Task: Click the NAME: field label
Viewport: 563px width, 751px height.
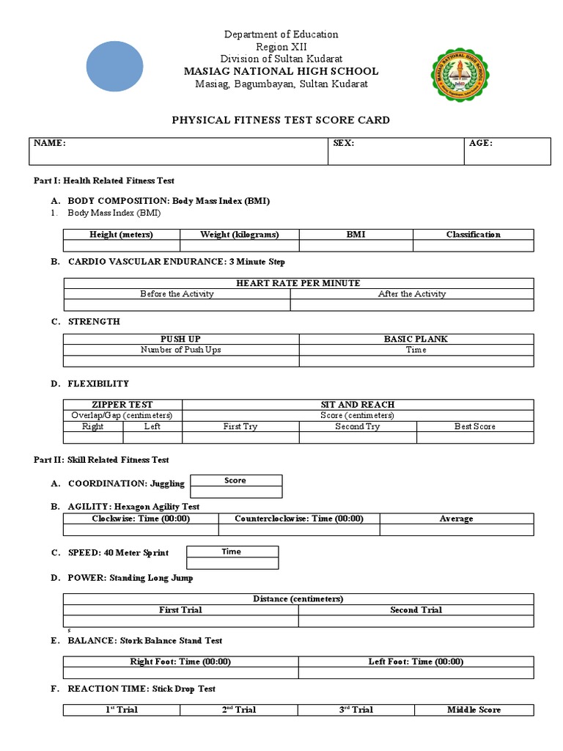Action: (49, 144)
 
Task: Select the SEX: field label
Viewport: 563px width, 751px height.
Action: (344, 144)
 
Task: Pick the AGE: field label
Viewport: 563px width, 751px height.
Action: (481, 144)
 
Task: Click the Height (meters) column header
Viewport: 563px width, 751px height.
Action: (122, 235)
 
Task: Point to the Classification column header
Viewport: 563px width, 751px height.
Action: (473, 235)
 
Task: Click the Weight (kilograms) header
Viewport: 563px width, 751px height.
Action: (239, 235)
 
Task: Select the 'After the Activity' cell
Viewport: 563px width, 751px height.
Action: (412, 294)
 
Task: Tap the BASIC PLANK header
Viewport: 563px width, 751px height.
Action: (416, 339)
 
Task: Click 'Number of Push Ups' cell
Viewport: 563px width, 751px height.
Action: (181, 350)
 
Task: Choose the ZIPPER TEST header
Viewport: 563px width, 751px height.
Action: (122, 405)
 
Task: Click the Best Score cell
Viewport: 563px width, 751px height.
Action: (474, 426)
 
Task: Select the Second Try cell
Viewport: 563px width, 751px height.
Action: (358, 426)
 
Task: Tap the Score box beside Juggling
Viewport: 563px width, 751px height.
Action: (235, 481)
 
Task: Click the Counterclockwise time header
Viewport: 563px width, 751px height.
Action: (298, 519)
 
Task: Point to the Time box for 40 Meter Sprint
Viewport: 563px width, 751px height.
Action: (232, 552)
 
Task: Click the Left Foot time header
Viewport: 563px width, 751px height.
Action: (416, 662)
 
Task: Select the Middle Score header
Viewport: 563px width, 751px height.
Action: (474, 710)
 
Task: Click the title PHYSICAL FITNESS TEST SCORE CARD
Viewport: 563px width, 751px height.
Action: (281, 120)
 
